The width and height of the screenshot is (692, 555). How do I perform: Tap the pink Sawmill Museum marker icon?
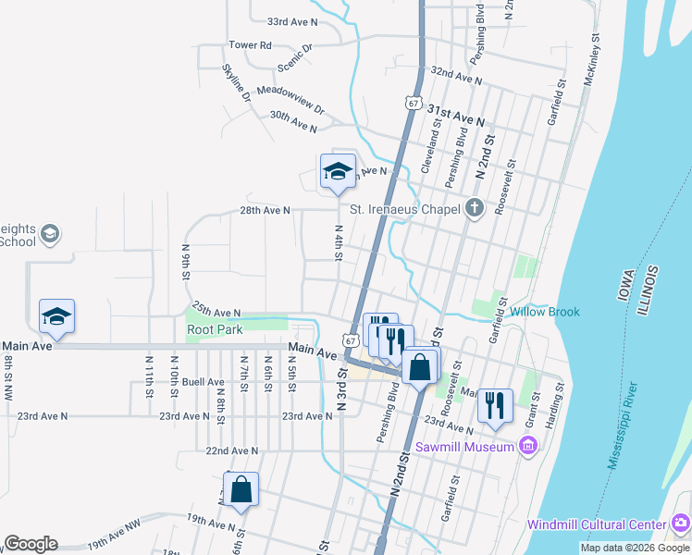[528, 448]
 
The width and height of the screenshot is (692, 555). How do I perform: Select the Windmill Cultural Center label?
[597, 524]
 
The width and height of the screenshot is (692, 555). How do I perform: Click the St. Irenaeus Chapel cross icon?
[475, 207]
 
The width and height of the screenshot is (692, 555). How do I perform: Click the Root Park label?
[215, 328]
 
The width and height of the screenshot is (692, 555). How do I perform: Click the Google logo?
[31, 544]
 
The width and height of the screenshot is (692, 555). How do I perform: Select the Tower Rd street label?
[250, 44]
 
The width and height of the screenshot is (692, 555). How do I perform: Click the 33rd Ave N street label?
[291, 20]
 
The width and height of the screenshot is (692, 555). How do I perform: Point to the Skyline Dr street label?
[237, 81]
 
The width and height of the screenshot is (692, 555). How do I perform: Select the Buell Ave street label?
[204, 381]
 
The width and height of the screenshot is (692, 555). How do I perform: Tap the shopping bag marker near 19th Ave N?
[241, 490]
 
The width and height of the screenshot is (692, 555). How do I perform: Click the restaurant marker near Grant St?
[495, 404]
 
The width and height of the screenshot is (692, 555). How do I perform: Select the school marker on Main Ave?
[56, 317]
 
